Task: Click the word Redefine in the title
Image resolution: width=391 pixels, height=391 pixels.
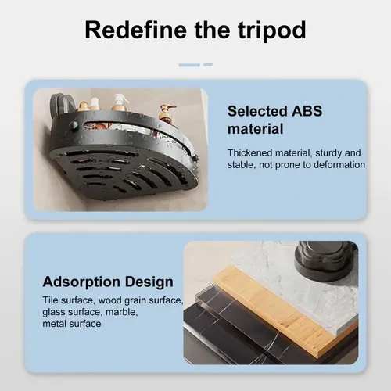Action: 136,30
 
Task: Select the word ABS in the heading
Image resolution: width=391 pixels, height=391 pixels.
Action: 307,111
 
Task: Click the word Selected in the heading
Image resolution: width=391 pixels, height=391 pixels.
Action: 257,111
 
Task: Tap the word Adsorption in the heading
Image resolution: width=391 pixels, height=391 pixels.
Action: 81,282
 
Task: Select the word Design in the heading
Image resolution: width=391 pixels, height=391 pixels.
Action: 149,282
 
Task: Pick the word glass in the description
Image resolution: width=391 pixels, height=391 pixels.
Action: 52,313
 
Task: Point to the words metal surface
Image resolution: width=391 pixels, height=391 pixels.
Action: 72,324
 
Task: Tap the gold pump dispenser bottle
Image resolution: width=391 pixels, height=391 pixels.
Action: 166,114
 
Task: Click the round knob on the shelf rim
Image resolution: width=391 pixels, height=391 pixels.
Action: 74,125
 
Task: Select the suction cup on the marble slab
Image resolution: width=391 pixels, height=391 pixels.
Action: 325,262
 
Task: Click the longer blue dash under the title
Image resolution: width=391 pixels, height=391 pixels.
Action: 189,65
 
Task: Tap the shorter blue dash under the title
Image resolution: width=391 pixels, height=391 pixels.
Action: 208,65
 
